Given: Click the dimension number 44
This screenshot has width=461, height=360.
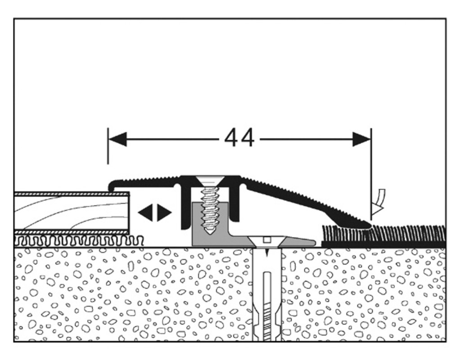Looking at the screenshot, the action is tap(240, 138).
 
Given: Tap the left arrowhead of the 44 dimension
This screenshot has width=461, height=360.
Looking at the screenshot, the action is tap(118, 139).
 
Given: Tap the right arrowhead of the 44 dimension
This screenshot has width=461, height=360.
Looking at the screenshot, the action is tap(362, 139).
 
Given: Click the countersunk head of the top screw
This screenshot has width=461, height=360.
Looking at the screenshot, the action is tap(210, 180).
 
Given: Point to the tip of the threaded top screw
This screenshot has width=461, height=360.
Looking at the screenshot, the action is tap(210, 233).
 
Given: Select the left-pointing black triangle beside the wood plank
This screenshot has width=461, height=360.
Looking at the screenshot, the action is tap(146, 212).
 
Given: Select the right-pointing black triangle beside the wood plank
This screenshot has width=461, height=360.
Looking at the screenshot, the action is tap(164, 212).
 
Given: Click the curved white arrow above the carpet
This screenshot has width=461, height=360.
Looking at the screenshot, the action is tap(380, 201).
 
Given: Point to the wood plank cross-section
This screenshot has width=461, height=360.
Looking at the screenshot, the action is tap(72, 213).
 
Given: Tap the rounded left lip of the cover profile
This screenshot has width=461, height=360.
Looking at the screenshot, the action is tap(112, 185).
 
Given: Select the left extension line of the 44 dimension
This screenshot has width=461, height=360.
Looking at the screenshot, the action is tap(108, 146).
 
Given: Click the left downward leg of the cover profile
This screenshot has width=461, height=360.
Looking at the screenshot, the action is tap(185, 207).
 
